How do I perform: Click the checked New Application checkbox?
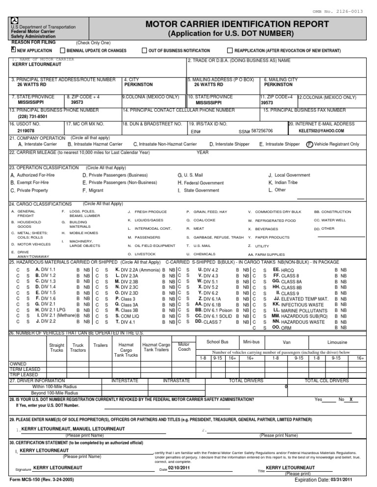click(x=13, y=50)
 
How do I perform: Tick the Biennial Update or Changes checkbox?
click(x=62, y=50)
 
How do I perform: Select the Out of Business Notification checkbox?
click(x=144, y=50)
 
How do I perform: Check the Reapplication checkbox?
click(x=230, y=50)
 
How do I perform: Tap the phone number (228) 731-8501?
click(x=32, y=117)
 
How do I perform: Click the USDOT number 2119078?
click(x=26, y=131)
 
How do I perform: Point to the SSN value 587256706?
click(x=262, y=131)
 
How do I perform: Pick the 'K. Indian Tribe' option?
click(x=283, y=182)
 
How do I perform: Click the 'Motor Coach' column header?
click(x=184, y=347)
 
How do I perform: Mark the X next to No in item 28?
click(x=350, y=400)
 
